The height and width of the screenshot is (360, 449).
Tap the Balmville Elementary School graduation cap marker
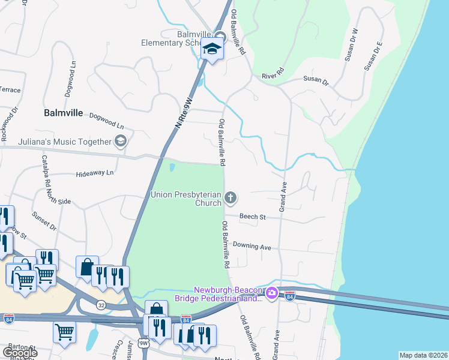(212, 49)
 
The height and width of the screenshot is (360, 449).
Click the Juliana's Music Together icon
(121, 142)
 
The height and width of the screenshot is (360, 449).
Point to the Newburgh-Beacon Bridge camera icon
(271, 293)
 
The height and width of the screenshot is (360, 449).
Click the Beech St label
(252, 217)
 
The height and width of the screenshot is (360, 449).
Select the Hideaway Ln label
(95, 173)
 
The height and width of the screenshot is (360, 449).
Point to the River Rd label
(271, 76)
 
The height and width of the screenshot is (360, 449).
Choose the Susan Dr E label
(373, 56)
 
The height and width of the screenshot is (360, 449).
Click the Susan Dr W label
(351, 45)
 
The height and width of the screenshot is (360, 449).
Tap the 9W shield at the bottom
(143, 343)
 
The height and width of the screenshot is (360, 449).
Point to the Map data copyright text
(423, 355)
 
